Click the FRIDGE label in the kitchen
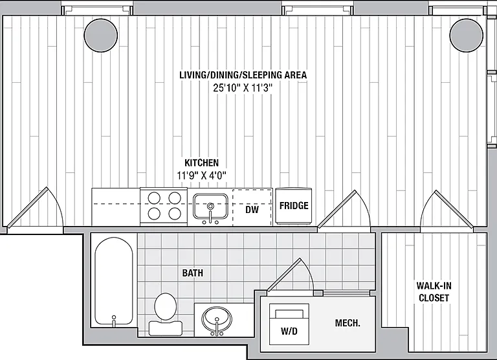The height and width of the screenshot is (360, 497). tap(294, 206)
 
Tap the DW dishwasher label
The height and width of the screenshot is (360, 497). tap(252, 209)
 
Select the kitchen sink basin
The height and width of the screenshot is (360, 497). tap(210, 207)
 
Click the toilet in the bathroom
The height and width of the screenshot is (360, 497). tap(166, 313)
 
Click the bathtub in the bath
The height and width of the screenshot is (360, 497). tap(114, 282)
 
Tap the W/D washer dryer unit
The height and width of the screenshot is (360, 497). tap(289, 324)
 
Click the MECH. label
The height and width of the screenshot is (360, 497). tap(348, 323)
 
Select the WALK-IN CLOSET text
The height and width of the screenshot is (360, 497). tap(434, 292)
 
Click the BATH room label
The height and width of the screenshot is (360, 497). tap(193, 273)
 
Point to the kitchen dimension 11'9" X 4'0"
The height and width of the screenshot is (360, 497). tap(202, 175)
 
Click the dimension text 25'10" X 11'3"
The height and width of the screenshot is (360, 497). tap(243, 88)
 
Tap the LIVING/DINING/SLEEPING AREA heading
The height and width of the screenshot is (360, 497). tap(243, 75)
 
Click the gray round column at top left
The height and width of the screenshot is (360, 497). tap(101, 35)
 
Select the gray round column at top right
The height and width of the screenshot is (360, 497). tap(466, 35)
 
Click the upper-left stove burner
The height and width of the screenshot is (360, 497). tap(154, 198)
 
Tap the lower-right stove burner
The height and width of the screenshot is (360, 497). tap(175, 214)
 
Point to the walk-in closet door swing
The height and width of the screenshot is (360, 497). tap(447, 209)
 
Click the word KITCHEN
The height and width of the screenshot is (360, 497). tap(202, 163)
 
